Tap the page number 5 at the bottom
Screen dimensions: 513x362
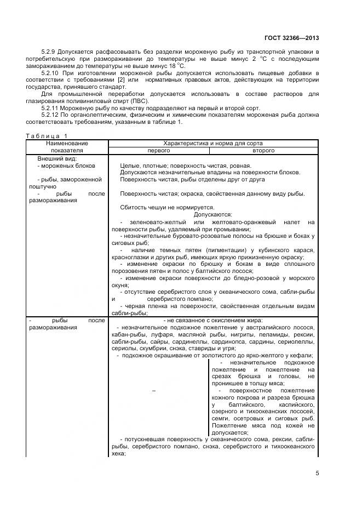[x=317, y=474]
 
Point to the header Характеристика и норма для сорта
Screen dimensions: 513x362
[x=213, y=143]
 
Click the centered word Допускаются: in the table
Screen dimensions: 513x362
[x=213, y=214]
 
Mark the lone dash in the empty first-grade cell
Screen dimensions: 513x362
[x=154, y=390]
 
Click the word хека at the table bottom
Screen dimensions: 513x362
[x=118, y=454]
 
